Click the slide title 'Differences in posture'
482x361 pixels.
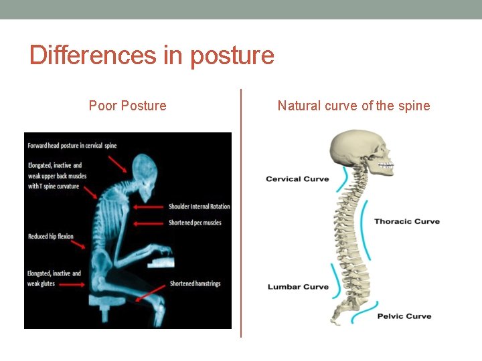tap(152, 55)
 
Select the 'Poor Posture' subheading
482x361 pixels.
tap(127, 106)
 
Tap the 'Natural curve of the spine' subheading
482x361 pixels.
tap(353, 106)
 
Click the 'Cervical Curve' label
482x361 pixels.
tap(297, 179)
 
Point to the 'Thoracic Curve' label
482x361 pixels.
tap(406, 221)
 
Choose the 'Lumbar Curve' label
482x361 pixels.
tap(298, 287)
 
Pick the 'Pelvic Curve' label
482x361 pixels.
tap(404, 316)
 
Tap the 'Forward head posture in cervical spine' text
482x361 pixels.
tap(72, 146)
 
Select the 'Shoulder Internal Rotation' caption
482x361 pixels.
tap(199, 207)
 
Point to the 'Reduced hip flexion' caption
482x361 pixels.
tap(51, 237)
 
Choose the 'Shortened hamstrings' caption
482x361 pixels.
tap(195, 283)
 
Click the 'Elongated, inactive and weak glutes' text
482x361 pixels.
tap(54, 279)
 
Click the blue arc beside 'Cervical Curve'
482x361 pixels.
tap(344, 178)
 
